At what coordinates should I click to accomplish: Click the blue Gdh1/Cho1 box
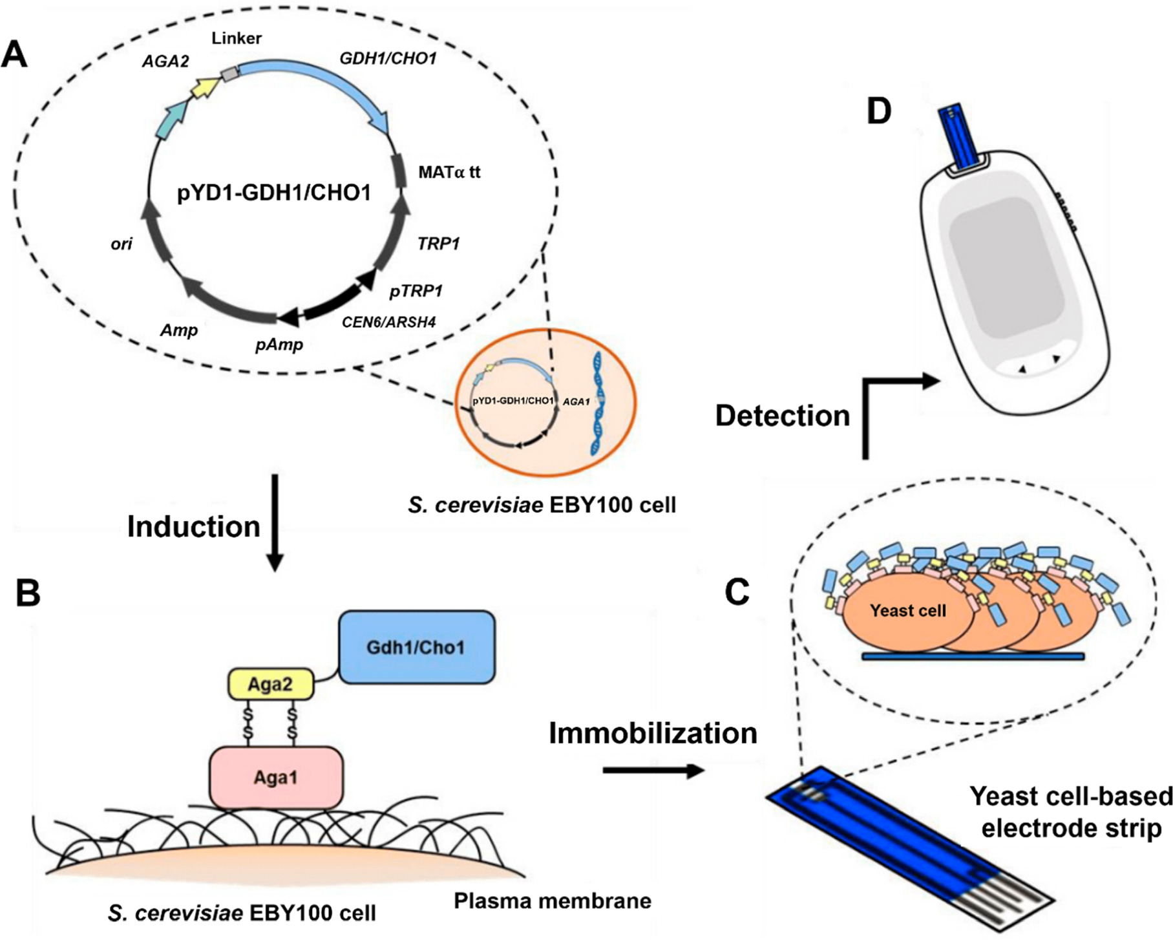[417, 647]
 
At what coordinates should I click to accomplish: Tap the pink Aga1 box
[276, 778]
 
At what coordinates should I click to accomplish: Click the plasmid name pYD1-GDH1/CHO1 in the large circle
[274, 193]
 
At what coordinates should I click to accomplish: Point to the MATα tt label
[449, 173]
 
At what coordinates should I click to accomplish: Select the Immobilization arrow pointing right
[653, 771]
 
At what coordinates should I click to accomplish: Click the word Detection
[782, 416]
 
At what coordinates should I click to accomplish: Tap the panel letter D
[879, 111]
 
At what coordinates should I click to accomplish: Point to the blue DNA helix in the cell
[598, 403]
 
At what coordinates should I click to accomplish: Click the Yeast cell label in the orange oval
[907, 611]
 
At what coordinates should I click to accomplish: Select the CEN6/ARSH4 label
[388, 322]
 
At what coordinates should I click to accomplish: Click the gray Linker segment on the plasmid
[229, 74]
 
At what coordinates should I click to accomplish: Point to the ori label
[122, 244]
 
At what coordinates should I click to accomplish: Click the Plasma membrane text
[552, 901]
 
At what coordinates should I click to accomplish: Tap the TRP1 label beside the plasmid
[438, 244]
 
